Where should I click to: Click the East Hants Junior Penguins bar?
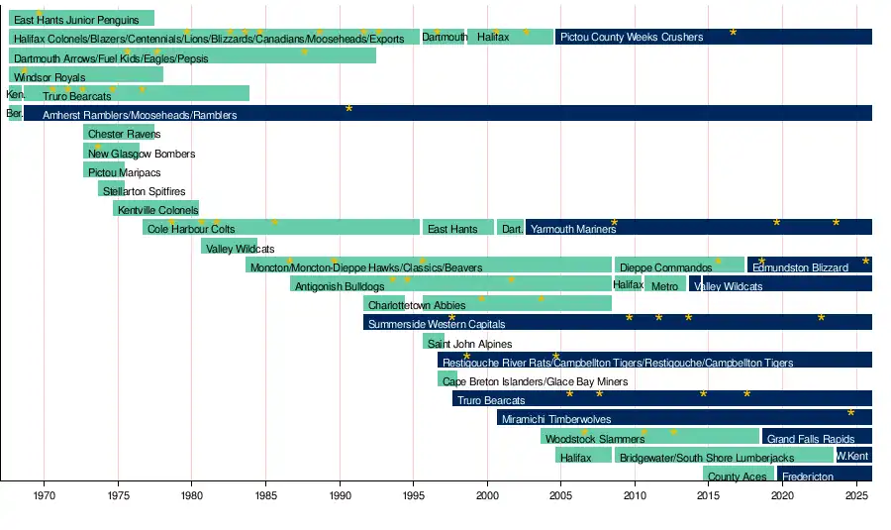click(x=81, y=19)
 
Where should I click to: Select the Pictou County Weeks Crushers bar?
click(x=713, y=37)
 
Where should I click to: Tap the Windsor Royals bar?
click(x=86, y=75)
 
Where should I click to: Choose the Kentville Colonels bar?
click(x=156, y=209)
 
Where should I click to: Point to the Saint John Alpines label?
click(x=469, y=344)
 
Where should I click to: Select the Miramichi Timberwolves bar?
click(x=684, y=418)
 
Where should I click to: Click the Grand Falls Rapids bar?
click(x=816, y=437)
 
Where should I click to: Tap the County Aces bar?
click(x=739, y=476)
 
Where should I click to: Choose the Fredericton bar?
click(x=825, y=476)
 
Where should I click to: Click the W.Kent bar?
click(x=853, y=456)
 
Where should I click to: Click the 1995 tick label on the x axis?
click(x=414, y=494)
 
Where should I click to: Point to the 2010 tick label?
click(x=636, y=494)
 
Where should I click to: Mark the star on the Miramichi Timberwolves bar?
click(x=850, y=412)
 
